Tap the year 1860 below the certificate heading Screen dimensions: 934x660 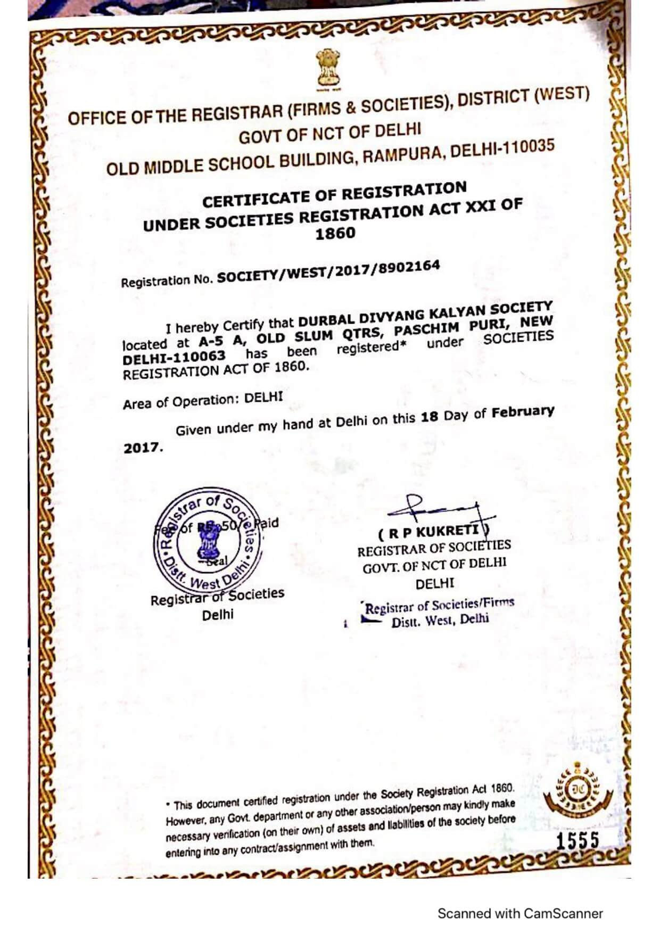335,234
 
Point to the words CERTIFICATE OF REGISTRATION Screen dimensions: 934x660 334,195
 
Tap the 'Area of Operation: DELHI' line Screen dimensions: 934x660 203,401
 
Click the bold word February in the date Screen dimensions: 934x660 523,412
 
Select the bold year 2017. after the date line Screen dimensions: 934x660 143,448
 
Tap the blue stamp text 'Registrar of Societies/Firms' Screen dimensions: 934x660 439,606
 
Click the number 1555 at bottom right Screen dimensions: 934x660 577,840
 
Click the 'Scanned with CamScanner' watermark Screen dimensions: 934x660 520,913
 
